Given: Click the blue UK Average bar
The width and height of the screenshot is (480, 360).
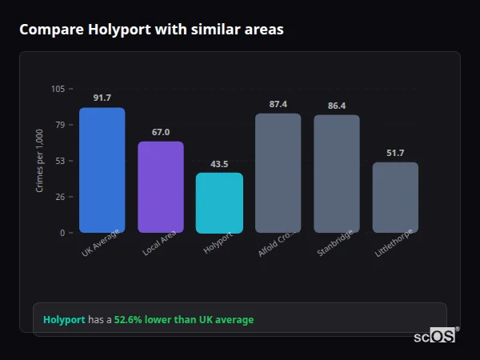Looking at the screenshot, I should tap(102, 170).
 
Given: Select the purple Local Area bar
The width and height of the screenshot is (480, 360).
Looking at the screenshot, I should tap(161, 187).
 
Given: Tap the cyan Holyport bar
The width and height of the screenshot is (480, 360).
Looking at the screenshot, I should tap(219, 203).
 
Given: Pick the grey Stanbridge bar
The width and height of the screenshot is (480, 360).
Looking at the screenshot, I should tap(336, 174).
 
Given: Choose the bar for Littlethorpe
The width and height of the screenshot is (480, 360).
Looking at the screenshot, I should tap(395, 198).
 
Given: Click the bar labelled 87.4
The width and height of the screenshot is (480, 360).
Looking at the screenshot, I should tap(278, 173).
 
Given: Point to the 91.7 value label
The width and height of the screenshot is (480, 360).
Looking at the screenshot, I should tap(102, 98).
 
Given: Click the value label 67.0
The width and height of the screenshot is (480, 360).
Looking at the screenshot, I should tap(161, 132).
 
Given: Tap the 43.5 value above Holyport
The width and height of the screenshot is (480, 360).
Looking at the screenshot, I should tap(219, 164).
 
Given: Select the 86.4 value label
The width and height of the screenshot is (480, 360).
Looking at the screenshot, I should tap(336, 106).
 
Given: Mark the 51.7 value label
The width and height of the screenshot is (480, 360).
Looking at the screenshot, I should tap(395, 153).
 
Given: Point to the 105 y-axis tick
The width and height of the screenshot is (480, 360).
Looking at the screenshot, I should tap(58, 89).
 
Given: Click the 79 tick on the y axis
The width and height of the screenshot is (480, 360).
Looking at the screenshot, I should tap(60, 125).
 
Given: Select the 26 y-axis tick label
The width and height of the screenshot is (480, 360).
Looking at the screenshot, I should tap(60, 197).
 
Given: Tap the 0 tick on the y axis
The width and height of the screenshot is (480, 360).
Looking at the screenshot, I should tap(62, 233).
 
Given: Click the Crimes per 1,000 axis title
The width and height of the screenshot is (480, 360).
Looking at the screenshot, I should tap(40, 161).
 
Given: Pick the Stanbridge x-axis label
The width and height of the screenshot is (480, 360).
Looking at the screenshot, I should tap(332, 243).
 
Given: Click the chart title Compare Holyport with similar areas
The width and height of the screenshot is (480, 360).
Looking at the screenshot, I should tap(151, 30).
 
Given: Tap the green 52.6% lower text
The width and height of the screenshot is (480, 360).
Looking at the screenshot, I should tap(189, 320).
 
